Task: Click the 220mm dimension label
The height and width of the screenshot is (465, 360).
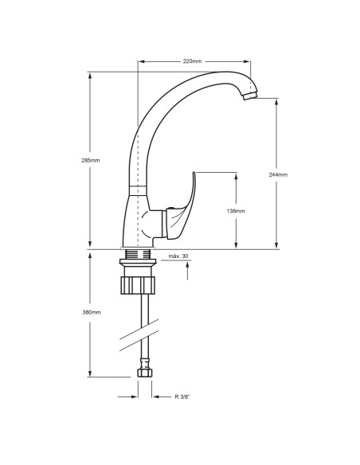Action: (192, 61)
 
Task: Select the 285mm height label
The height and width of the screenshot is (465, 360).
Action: (91, 160)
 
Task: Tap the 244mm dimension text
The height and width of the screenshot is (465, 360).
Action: (278, 174)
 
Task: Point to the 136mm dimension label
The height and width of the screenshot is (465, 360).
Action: (236, 211)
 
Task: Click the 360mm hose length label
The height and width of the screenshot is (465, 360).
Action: (92, 312)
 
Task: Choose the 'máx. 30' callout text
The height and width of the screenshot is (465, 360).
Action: (178, 256)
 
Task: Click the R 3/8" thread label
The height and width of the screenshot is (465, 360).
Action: (182, 397)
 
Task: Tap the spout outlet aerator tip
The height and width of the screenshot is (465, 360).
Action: (249, 96)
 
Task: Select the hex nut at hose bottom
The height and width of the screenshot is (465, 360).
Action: (145, 373)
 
